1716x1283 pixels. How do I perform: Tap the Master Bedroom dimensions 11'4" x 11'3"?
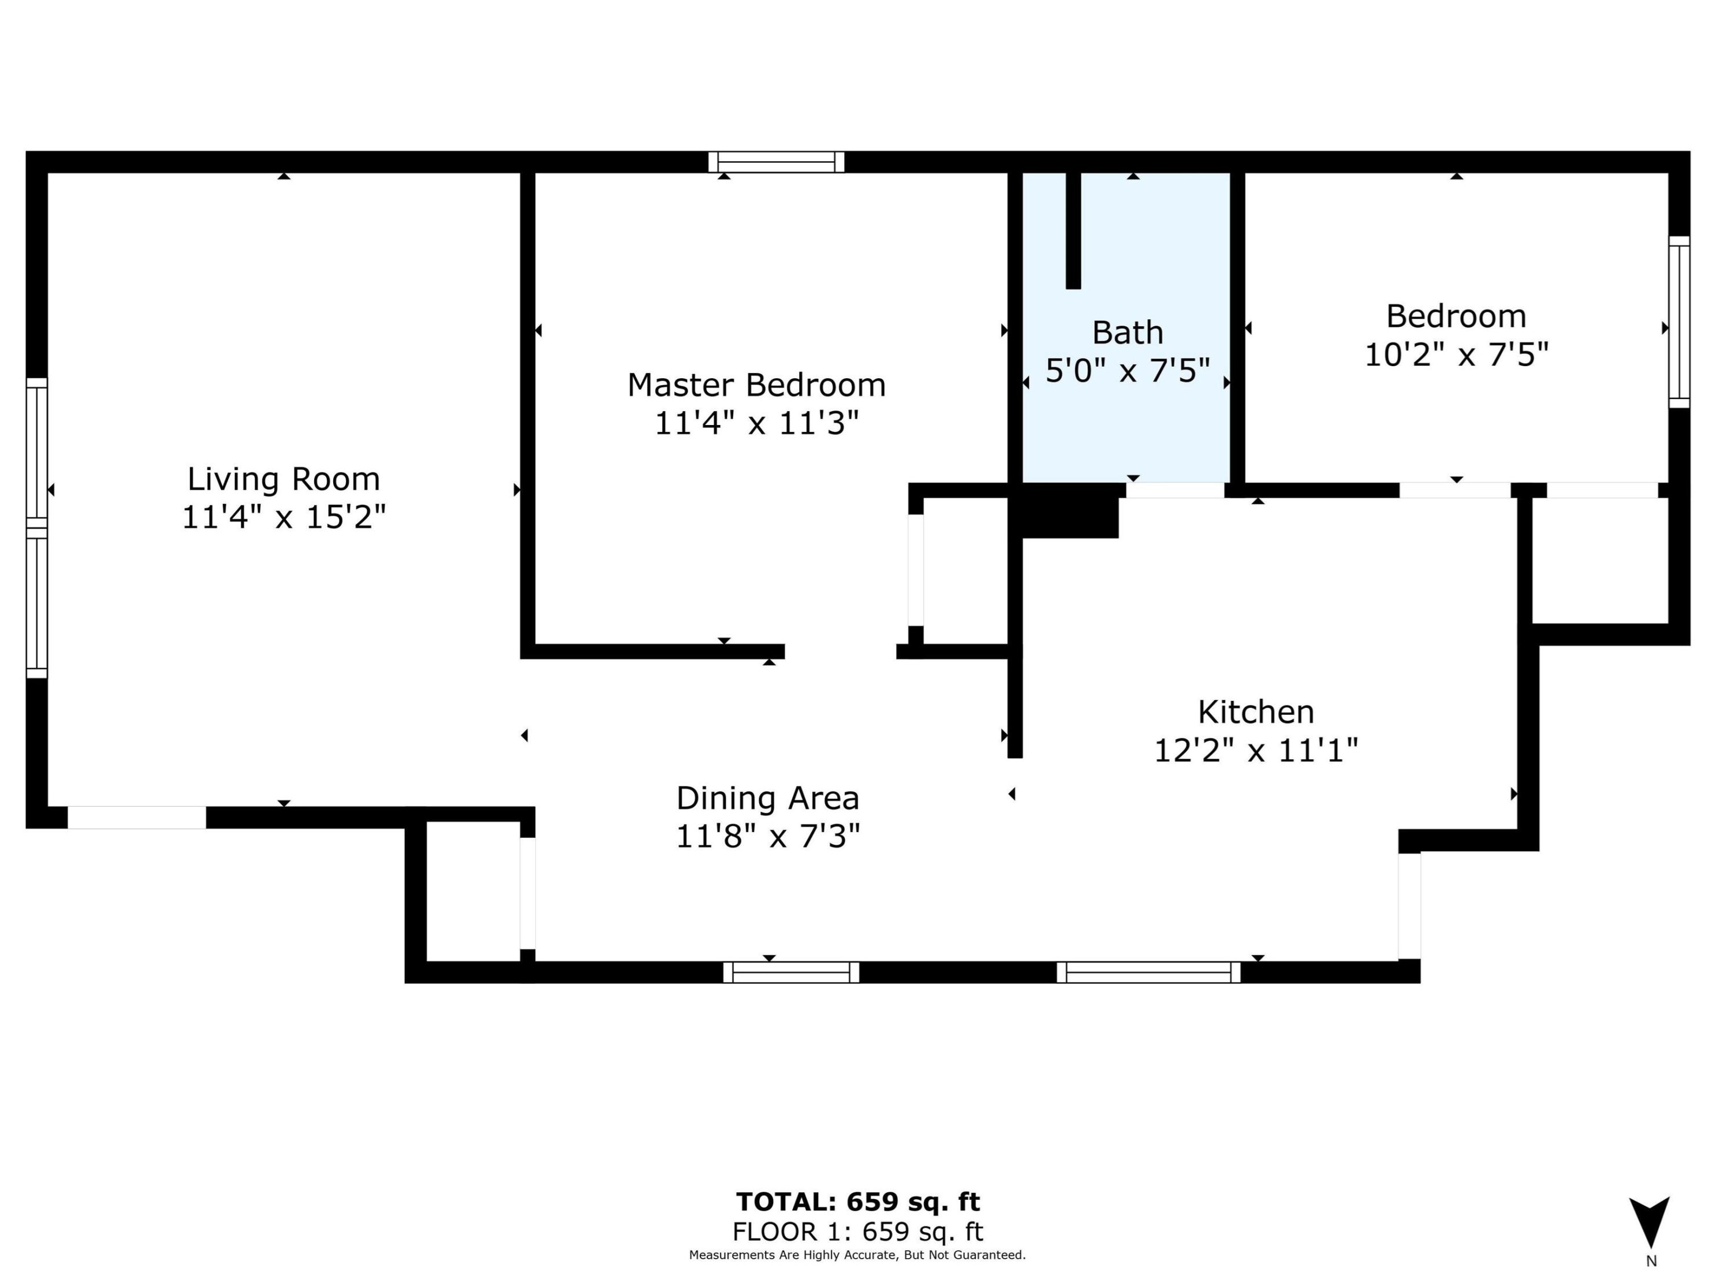pos(756,424)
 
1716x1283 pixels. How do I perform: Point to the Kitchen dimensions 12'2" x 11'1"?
pos(1256,750)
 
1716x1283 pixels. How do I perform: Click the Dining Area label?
pos(767,797)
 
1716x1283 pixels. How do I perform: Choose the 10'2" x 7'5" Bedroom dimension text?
pos(1456,355)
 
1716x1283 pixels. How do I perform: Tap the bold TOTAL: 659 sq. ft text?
pos(858,1202)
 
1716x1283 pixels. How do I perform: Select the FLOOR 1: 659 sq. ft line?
pos(858,1232)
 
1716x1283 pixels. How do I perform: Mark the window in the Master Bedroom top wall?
pos(776,162)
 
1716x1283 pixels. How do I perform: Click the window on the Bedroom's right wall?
pos(1679,322)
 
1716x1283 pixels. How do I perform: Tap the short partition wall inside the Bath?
pos(1073,230)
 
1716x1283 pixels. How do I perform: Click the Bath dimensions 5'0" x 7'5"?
pos(1127,371)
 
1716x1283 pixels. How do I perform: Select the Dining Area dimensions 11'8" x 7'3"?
pos(767,836)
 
